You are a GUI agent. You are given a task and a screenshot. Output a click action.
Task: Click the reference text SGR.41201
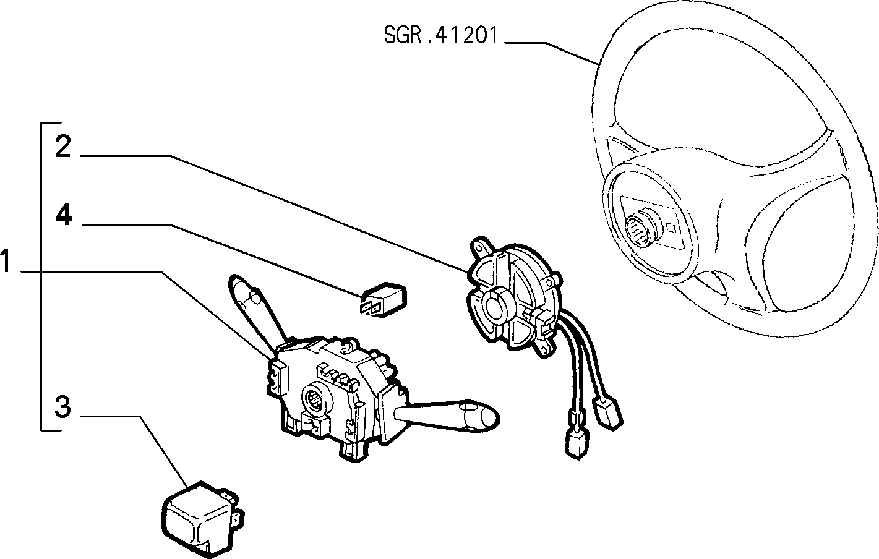coord(440,35)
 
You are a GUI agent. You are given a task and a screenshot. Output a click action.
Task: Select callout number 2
coord(63,147)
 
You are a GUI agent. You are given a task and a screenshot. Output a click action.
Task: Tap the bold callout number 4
coord(64,215)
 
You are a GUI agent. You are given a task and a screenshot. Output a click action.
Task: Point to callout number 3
coord(63,407)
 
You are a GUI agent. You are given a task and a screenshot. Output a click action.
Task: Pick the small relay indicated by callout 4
coord(384,299)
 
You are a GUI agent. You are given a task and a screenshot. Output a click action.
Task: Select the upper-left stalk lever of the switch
coord(255,310)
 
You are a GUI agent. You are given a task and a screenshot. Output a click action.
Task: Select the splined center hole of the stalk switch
coord(316,401)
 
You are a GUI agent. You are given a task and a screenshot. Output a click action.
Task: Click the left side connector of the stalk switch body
coord(277,377)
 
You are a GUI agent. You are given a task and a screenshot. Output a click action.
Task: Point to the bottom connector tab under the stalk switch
coord(354,451)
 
